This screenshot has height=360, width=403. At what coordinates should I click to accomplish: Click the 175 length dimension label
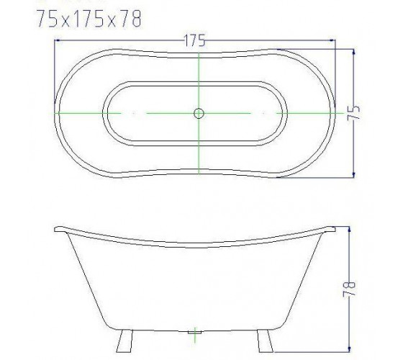tap(195, 40)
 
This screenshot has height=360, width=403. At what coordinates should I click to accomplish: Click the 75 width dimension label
tap(353, 112)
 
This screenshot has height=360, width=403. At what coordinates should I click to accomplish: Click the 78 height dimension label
tap(349, 289)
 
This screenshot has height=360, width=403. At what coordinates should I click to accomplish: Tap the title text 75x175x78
tap(89, 19)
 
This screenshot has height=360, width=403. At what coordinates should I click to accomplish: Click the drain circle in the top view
tap(199, 113)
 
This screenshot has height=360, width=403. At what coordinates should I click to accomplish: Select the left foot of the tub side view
tap(124, 341)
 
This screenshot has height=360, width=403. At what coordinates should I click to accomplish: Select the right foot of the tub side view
tap(266, 341)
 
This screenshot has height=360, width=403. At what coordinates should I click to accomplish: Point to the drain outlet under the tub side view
tap(194, 332)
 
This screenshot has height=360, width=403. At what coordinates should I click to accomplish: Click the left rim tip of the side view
tap(55, 230)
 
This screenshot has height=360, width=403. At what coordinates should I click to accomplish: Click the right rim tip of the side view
tap(335, 229)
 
